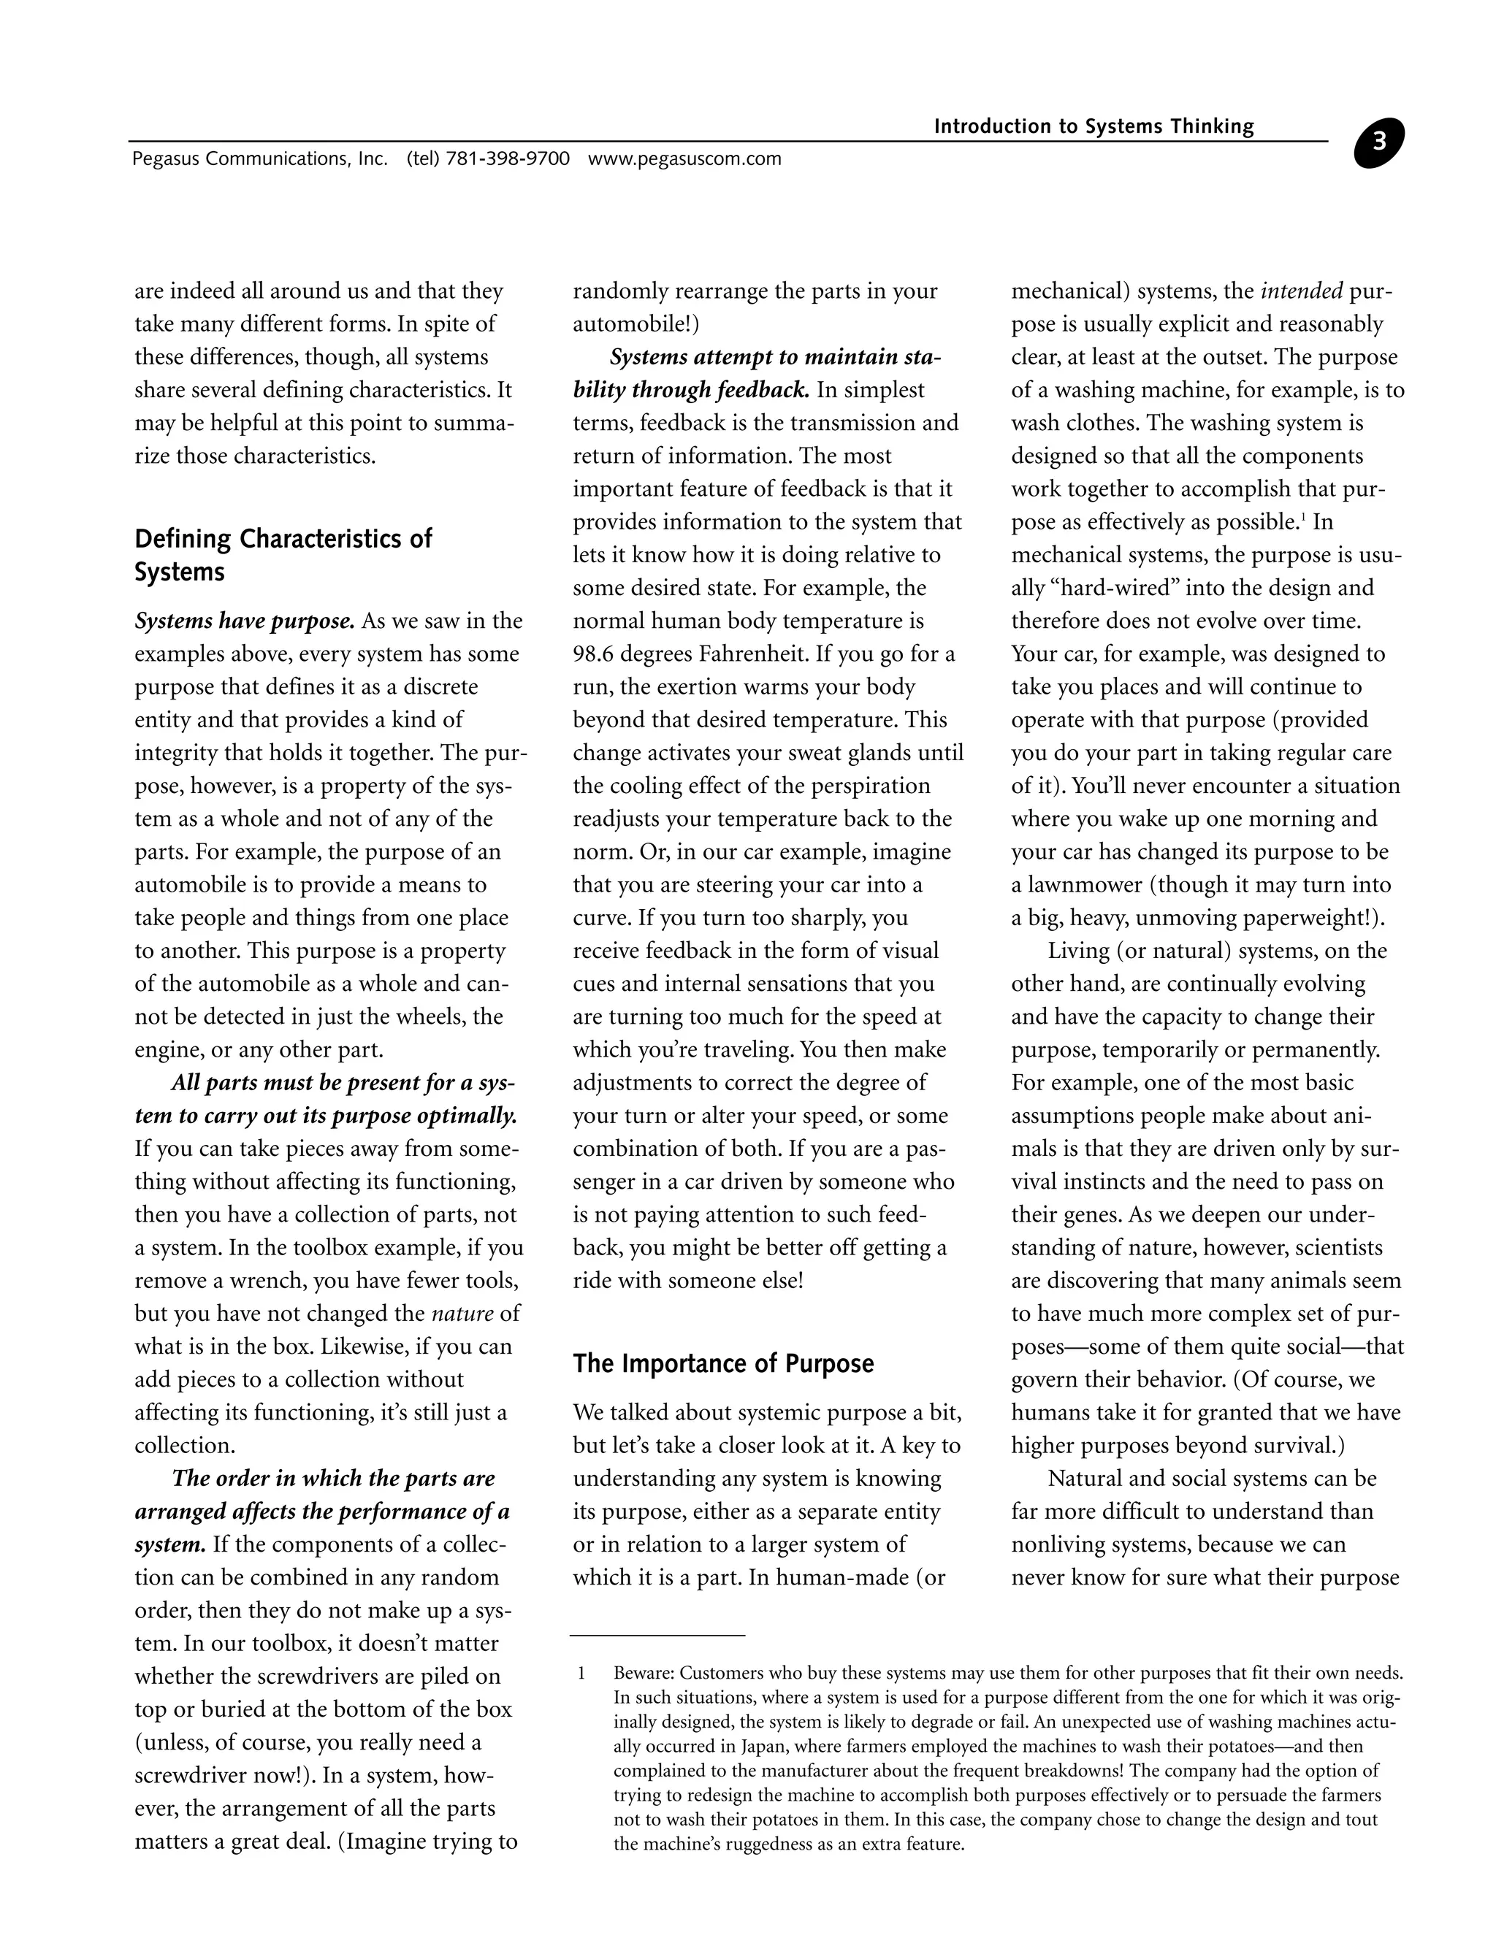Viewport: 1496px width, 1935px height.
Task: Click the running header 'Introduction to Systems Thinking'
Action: pos(1094,127)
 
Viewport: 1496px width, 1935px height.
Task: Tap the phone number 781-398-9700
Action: pos(508,158)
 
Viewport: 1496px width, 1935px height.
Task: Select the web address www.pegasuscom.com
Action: pos(684,158)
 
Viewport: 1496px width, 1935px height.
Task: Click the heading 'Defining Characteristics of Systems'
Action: pos(283,555)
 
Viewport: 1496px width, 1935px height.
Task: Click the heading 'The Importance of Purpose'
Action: pos(723,1363)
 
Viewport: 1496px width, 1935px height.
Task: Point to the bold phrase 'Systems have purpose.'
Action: pos(245,621)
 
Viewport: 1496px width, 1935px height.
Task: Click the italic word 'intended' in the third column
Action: pos(1301,291)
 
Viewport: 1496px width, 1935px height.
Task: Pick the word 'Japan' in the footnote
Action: pos(765,1747)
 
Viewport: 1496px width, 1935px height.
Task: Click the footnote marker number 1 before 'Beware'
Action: pos(581,1674)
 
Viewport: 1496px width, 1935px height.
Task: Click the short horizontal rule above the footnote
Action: pos(657,1636)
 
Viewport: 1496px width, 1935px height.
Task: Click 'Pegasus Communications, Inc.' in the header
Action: pos(259,158)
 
